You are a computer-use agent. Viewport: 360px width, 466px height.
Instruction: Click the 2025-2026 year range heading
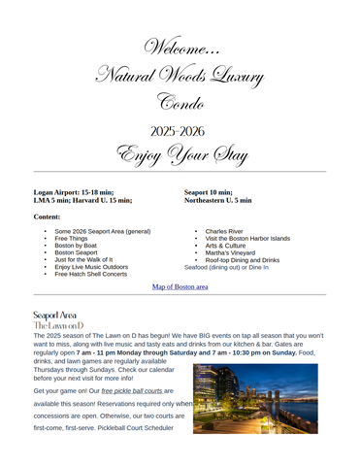pos(180,130)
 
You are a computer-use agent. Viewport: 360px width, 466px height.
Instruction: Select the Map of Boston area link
pos(180,287)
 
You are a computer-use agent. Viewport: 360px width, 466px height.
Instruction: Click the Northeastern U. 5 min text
pos(217,200)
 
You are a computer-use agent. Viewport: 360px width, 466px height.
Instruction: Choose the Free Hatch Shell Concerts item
pos(90,274)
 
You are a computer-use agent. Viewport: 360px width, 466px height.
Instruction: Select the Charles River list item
pos(224,231)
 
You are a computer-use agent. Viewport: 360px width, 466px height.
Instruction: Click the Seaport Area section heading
pos(54,316)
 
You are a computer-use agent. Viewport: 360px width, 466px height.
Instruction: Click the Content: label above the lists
pos(47,216)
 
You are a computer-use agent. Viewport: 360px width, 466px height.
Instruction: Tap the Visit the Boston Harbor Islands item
pos(247,238)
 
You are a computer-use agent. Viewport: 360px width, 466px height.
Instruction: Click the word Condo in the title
pos(180,102)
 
